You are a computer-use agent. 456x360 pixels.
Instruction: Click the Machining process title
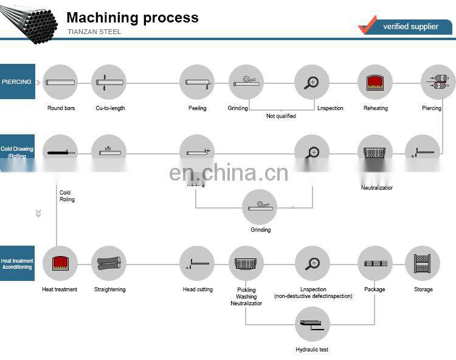132,18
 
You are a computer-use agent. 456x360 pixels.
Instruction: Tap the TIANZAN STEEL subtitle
94,32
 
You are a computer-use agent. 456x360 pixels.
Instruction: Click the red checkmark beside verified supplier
368,25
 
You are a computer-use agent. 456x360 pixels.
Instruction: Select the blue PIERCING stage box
18,81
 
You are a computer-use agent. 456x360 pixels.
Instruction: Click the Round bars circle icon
60,82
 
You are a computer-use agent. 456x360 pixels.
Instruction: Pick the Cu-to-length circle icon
109,82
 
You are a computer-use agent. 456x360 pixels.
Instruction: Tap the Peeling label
197,108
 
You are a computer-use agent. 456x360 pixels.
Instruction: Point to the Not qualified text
281,116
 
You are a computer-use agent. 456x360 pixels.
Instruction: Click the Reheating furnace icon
375,82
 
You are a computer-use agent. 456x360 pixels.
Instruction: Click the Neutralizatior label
377,188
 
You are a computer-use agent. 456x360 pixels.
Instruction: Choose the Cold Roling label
66,196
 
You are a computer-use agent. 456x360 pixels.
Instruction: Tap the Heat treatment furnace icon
60,263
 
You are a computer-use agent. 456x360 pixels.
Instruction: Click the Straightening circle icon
109,263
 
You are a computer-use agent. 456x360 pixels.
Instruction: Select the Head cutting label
198,289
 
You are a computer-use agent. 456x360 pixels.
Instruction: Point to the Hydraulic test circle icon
313,325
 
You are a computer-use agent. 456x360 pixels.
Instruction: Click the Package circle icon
375,263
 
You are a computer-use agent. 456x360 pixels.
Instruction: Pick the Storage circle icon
423,263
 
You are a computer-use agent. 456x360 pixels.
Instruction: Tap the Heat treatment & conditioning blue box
18,264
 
